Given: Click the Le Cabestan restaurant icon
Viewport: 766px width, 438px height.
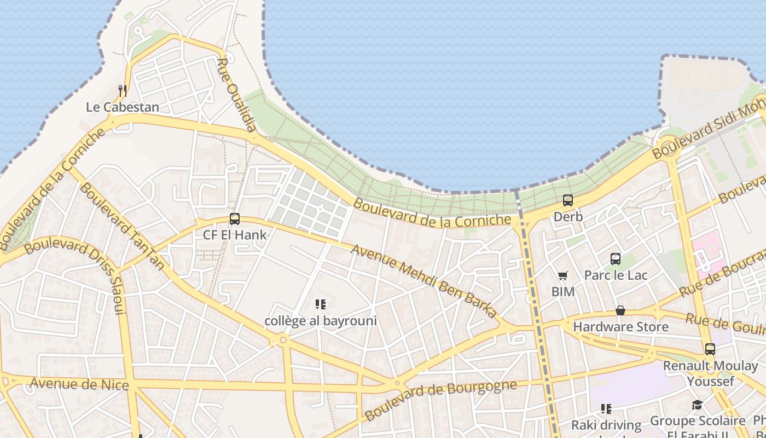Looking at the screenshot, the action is click(x=123, y=90).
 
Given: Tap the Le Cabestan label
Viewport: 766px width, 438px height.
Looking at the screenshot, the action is click(x=123, y=107).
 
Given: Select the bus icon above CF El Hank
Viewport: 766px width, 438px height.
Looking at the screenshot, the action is click(x=235, y=219).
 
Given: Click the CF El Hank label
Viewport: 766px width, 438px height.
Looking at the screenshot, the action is click(x=235, y=235).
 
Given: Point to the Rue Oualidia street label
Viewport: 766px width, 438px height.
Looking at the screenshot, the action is click(x=236, y=95).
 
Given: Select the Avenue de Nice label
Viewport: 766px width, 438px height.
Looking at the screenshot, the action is click(x=79, y=383).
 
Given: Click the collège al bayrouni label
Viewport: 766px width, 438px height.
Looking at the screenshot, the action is click(x=321, y=321).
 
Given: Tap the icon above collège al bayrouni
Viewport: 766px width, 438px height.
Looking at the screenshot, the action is click(x=321, y=304).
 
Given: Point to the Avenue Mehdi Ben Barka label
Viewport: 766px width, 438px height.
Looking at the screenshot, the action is click(x=424, y=281).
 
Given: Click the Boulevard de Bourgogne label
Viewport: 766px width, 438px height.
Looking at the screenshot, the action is click(x=440, y=400).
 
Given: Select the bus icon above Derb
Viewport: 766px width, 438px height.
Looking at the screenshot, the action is click(x=568, y=200).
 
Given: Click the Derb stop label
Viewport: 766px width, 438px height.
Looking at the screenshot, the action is click(x=568, y=217).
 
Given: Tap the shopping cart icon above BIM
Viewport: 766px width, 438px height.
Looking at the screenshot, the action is click(x=563, y=275).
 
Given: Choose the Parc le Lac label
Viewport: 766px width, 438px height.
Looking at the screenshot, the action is click(x=616, y=275).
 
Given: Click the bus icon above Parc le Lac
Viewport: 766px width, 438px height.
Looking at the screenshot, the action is click(x=616, y=258).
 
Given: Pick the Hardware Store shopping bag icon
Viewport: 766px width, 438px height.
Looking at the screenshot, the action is click(x=620, y=310).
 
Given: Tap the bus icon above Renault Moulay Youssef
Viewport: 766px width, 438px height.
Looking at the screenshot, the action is click(x=710, y=349).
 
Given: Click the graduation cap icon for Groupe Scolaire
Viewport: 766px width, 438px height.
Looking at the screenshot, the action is click(x=697, y=405).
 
